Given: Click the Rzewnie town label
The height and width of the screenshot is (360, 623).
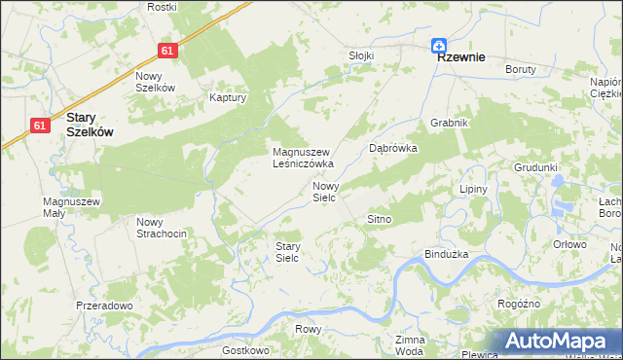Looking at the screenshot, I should [462, 57].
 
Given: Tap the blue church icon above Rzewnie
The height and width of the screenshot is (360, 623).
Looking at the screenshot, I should [440, 44].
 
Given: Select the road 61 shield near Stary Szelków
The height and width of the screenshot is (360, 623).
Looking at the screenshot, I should [40, 125].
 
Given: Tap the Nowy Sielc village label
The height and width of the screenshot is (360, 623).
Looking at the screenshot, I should [325, 191].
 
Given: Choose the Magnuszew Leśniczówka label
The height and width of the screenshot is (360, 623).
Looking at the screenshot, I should [303, 158].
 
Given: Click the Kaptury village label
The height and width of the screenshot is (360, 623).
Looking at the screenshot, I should [229, 97].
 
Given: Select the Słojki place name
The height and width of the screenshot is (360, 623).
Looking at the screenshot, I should [361, 55].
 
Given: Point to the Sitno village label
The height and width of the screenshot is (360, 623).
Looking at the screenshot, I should [379, 219].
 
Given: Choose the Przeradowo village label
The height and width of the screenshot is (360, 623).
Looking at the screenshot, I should [104, 305].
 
